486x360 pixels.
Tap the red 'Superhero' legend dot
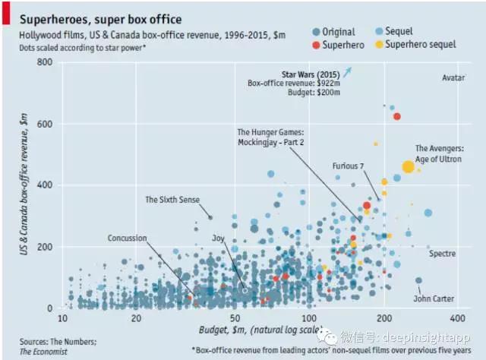pos(316,45)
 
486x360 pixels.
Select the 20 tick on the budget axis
pos(136,317)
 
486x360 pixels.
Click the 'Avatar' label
pos(453,77)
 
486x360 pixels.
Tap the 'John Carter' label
pos(434,298)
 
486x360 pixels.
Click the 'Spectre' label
pos(442,254)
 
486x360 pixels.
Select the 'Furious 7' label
pos(348,166)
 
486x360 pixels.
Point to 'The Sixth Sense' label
pos(172,200)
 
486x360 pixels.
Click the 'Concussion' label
pos(127,238)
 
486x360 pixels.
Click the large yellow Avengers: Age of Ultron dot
pos(408,166)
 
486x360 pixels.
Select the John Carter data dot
pos(418,280)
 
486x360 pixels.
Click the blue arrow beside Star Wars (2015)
pos(348,72)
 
